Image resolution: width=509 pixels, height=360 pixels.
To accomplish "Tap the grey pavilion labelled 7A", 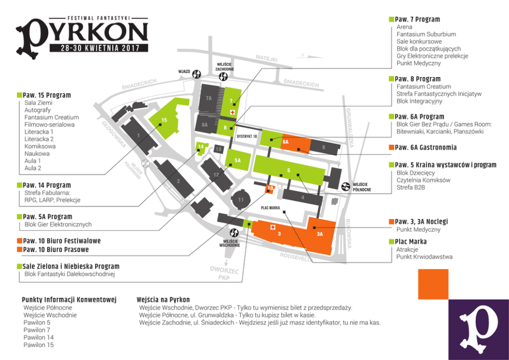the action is tap(208, 98).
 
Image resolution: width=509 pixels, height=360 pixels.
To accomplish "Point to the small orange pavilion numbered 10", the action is tap(269, 188).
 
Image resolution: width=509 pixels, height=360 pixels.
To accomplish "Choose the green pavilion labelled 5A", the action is tap(237, 160).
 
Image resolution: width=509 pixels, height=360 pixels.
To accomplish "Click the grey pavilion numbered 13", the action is tap(218, 149).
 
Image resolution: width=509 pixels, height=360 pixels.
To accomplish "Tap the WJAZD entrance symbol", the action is tap(198, 74).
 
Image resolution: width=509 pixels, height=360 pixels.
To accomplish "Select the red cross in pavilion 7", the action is tap(232, 111).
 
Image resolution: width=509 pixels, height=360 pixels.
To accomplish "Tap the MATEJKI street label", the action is tap(266, 59).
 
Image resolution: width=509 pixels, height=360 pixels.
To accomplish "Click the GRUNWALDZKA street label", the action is tap(349, 128).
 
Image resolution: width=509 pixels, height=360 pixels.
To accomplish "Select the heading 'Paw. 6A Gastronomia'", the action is tap(425, 147).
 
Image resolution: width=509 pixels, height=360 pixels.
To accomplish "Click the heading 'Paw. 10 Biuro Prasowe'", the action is tap(59, 250).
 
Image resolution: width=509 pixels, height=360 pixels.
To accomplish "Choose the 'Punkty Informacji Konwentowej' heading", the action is tap(69, 299).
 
